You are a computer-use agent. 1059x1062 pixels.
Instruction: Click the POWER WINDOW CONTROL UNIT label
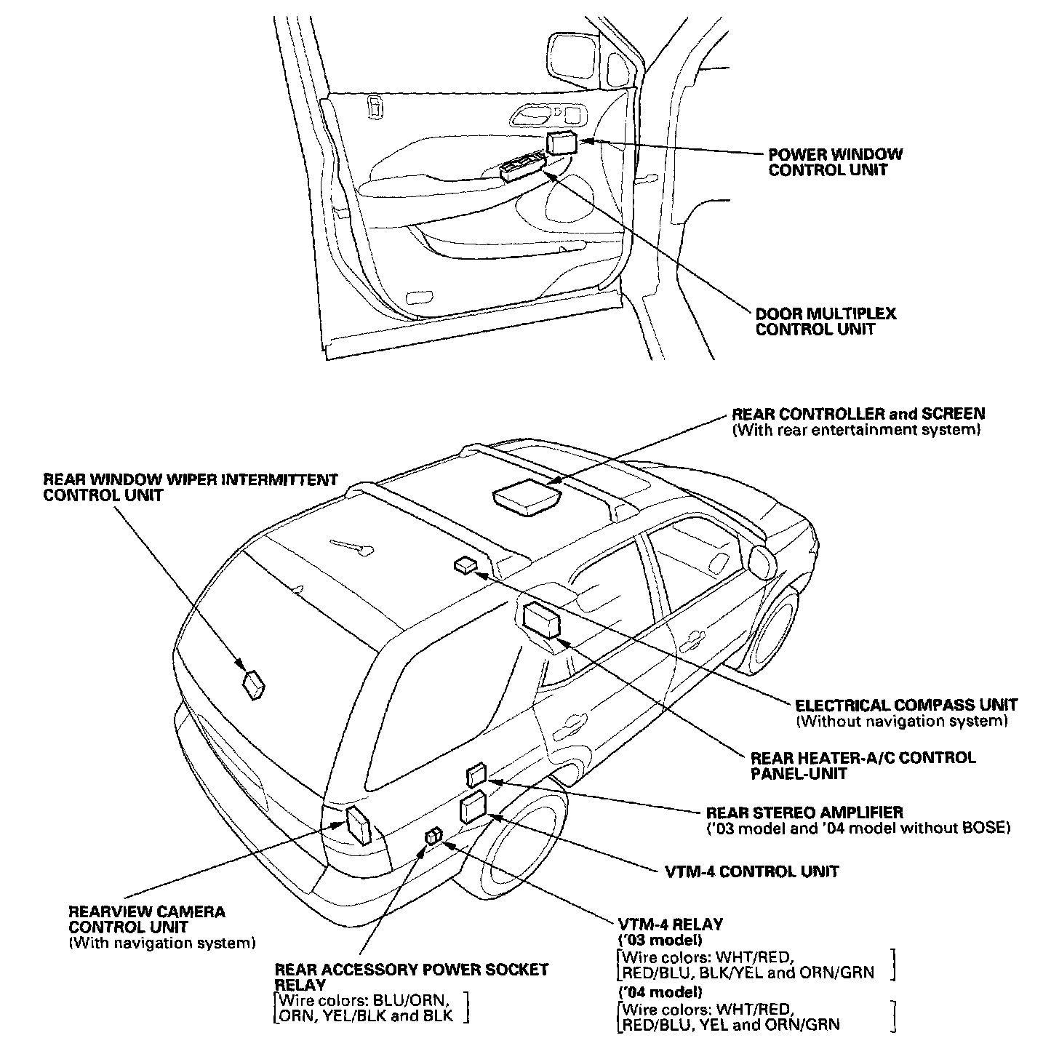click(835, 162)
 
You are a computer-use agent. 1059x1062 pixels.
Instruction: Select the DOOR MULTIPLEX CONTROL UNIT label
click(826, 322)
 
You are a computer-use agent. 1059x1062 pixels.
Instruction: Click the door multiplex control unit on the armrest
click(522, 167)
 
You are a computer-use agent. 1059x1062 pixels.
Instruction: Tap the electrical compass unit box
click(464, 564)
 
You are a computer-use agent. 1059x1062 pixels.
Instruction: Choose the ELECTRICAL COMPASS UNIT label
click(906, 705)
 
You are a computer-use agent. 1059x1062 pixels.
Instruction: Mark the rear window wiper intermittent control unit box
click(254, 684)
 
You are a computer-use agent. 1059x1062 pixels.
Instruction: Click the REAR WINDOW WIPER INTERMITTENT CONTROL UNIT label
click(191, 487)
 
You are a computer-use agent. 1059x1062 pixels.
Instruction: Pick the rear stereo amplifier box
click(476, 775)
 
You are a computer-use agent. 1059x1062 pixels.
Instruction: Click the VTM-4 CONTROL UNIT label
click(752, 871)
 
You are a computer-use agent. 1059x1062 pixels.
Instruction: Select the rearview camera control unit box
click(359, 826)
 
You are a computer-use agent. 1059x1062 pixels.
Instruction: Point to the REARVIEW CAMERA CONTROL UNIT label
click(148, 919)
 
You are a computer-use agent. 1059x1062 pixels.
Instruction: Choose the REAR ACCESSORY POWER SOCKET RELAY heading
click(411, 977)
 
